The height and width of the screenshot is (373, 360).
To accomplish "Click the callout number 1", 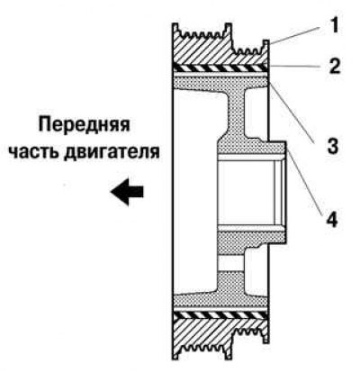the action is (x=335, y=25).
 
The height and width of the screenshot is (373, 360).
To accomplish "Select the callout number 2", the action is (x=335, y=67).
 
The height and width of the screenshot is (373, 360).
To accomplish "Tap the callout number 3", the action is (x=332, y=146).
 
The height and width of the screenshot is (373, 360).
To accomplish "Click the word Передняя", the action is (x=84, y=123).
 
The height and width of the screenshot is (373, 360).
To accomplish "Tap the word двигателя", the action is (x=112, y=151).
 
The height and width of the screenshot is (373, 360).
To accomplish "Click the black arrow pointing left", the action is (x=127, y=192).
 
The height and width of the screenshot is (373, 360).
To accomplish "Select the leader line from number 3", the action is (x=292, y=112).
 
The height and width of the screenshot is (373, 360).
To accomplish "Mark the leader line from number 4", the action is (x=304, y=179).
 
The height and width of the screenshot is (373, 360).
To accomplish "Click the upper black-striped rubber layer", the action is (x=220, y=68).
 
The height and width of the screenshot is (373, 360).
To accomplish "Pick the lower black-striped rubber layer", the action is (x=220, y=314).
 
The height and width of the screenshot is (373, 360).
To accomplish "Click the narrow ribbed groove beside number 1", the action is (x=249, y=50).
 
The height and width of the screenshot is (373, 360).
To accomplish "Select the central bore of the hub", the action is (x=249, y=192).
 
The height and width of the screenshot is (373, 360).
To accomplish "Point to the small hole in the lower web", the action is (x=230, y=263).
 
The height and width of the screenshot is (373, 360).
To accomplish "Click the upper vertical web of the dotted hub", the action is (x=236, y=114).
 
